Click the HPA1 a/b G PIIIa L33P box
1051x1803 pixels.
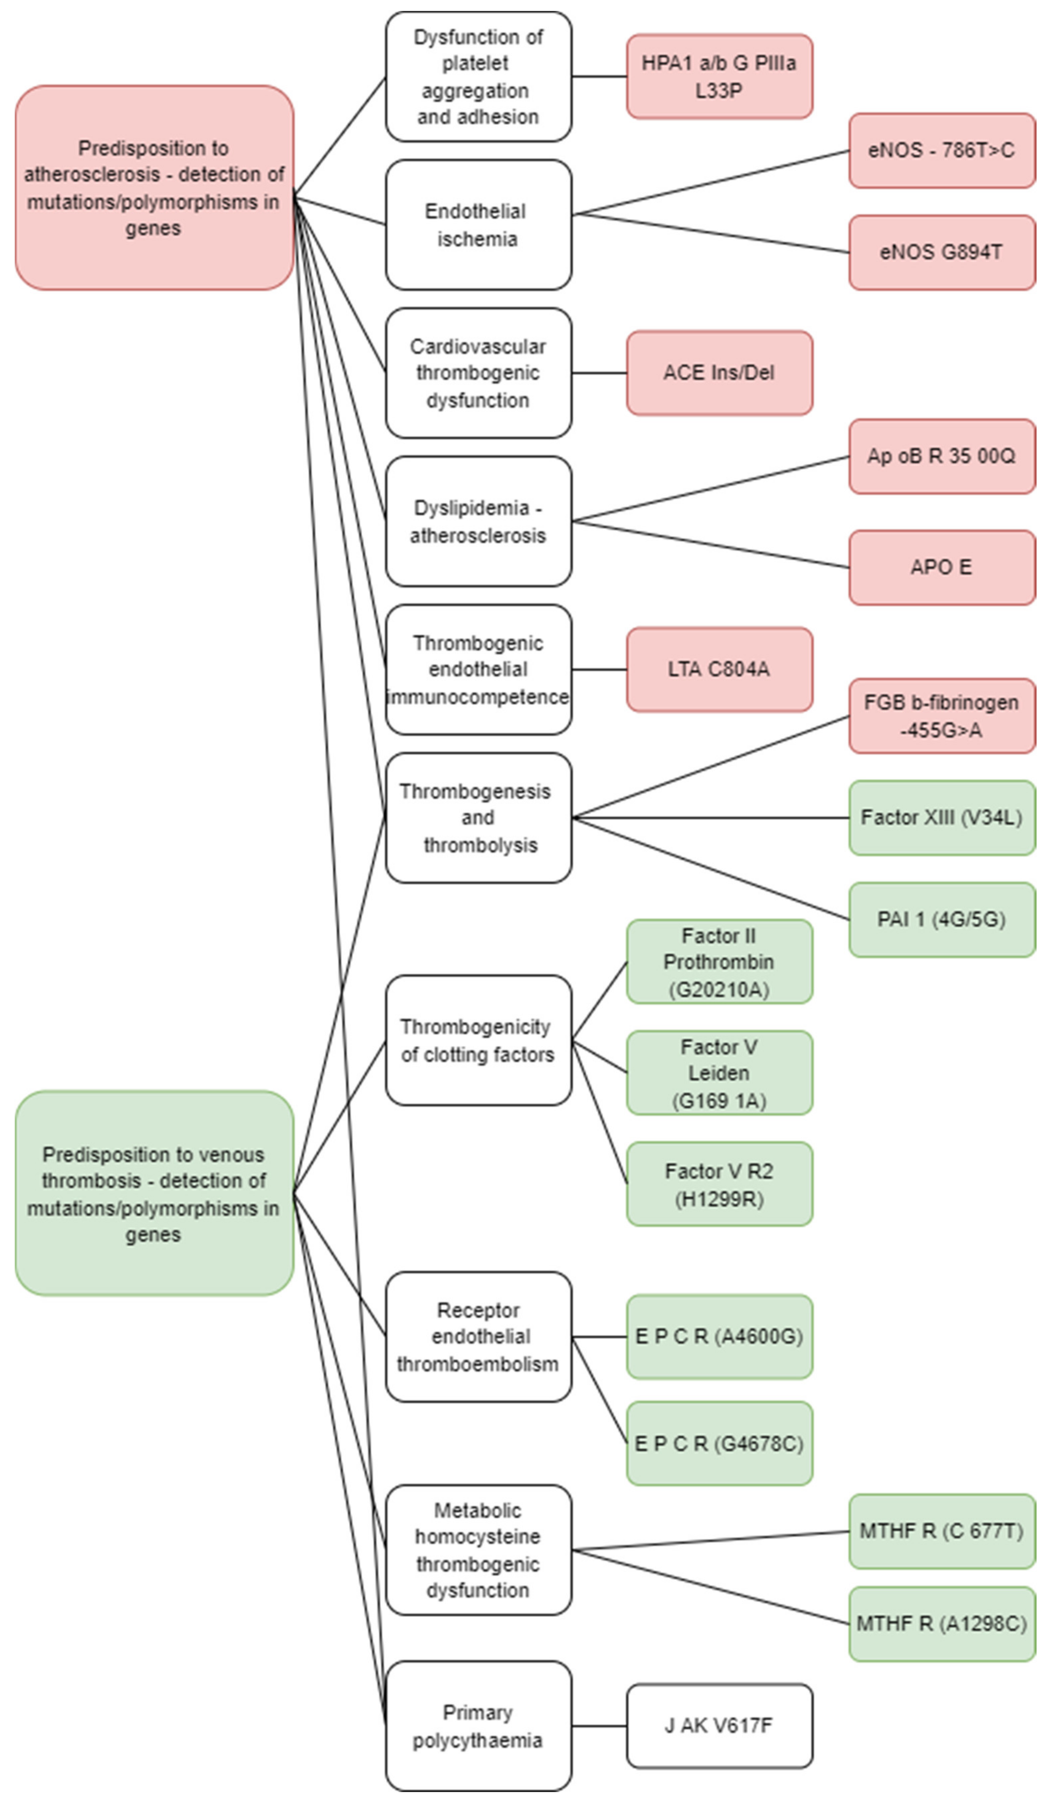(719, 77)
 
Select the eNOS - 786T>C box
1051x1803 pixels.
(942, 150)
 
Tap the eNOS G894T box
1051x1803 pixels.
(942, 253)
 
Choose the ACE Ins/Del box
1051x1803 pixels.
(719, 373)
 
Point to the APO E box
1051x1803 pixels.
(942, 567)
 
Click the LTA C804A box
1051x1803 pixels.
(719, 670)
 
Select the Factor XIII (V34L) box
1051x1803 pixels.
(942, 818)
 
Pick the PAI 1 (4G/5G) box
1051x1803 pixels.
(942, 919)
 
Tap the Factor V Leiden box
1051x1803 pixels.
(719, 1073)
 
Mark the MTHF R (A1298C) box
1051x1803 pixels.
(942, 1624)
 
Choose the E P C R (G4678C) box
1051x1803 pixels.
(719, 1444)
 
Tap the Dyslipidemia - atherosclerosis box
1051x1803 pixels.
(478, 521)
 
